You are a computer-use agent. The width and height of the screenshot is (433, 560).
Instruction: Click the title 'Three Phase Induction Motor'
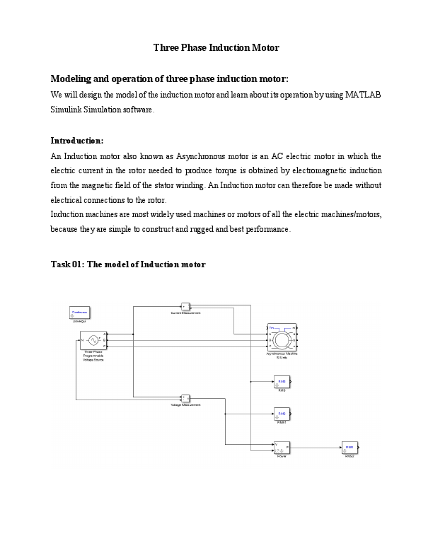[x=216, y=48]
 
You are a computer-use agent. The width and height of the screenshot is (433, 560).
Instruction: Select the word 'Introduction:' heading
[x=77, y=140]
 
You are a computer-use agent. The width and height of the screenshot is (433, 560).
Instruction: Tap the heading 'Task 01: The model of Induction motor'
[x=128, y=264]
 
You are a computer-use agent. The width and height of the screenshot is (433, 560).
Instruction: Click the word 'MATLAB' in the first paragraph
[x=364, y=95]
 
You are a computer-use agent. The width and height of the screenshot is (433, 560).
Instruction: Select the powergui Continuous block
[x=79, y=312]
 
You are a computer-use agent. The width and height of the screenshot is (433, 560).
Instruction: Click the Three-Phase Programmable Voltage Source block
[x=93, y=340]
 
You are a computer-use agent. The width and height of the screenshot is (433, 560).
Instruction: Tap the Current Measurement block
[x=185, y=306]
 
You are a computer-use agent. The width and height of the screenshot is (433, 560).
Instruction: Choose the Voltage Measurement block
[x=185, y=398]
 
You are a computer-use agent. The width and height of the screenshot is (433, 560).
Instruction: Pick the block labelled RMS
[x=282, y=383]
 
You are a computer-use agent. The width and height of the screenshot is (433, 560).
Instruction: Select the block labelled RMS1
[x=282, y=414]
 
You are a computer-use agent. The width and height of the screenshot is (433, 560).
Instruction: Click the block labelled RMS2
[x=350, y=448]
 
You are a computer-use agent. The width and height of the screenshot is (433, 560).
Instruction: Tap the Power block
[x=282, y=447]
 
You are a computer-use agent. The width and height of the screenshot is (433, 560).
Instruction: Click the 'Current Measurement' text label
[x=185, y=313]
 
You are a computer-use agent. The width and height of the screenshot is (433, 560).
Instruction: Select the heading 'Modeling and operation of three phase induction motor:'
[x=170, y=78]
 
